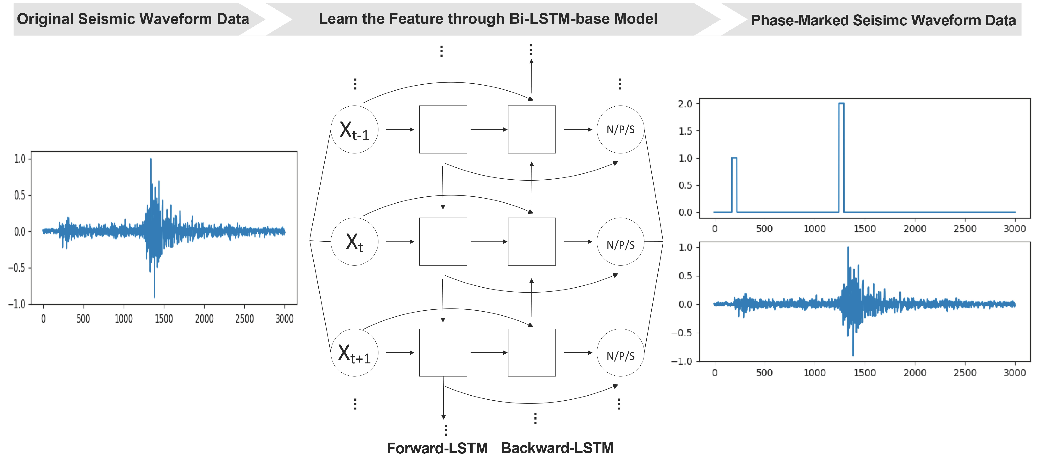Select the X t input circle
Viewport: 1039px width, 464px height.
tap(354, 241)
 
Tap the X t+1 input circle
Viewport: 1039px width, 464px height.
tap(354, 353)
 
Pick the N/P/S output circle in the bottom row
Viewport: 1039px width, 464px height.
tap(620, 353)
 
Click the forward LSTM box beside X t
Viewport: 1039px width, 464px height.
tap(443, 241)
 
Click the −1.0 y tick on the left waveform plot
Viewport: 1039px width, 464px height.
tap(17, 304)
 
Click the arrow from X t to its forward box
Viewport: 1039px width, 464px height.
tap(399, 241)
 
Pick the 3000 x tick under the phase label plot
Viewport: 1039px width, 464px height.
tap(1014, 229)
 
